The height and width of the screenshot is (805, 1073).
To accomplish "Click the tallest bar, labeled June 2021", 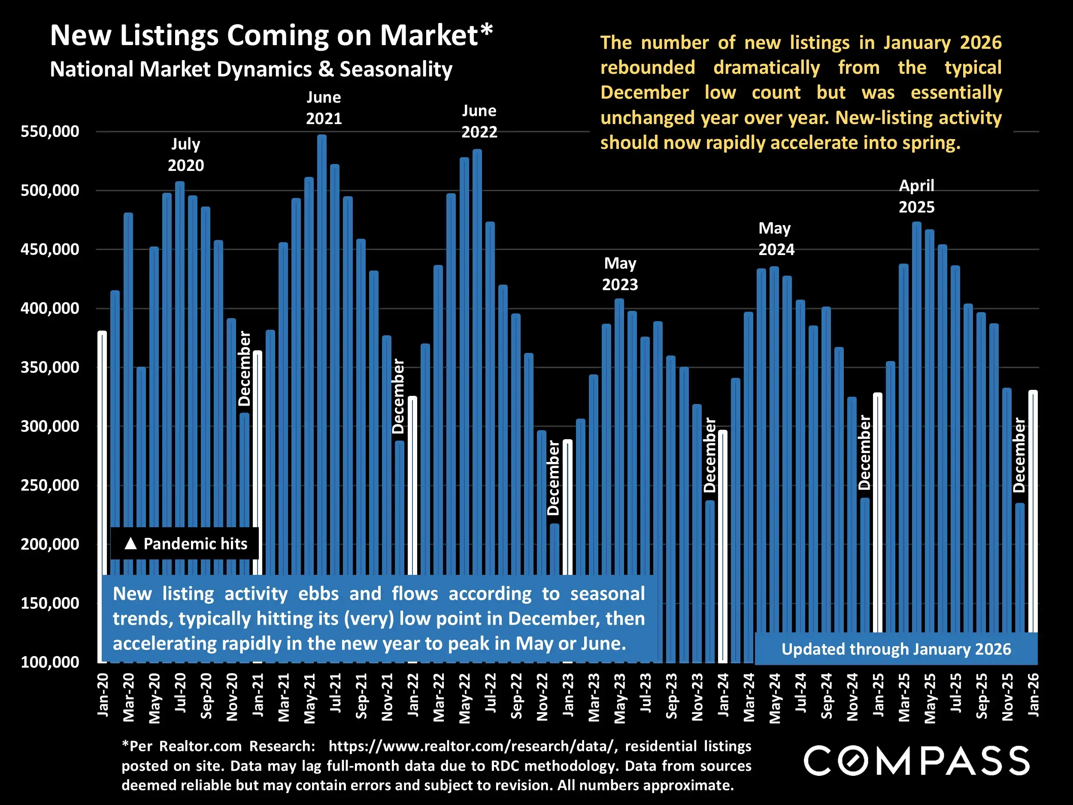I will pos(321,340).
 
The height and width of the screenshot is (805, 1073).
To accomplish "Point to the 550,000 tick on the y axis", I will pos(49,131).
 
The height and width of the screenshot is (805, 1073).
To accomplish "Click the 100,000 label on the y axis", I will pos(49,662).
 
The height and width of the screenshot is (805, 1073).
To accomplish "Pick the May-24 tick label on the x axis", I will pos(775,698).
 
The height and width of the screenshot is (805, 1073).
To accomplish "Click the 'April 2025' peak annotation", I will pos(916,196).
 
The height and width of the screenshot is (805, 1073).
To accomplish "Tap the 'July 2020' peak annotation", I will pos(186,154).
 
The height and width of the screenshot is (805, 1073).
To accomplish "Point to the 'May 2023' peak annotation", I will pos(620,273).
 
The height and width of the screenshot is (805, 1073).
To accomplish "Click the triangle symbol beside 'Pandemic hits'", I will pos(130,544).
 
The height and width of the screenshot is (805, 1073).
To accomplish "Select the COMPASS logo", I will pos(916,761).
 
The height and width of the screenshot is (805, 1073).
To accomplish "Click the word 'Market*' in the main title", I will pos(436,36).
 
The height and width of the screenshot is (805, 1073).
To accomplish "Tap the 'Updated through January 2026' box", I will pos(896,649).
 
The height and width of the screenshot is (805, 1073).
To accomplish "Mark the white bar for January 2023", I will pos(567,504).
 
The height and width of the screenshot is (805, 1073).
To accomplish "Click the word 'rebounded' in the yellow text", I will pos(648,67).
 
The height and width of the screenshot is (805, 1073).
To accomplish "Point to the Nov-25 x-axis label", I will pos(1007,697).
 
